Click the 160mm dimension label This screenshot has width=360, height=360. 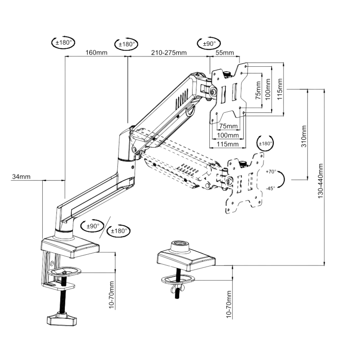pyautogui.click(x=97, y=52)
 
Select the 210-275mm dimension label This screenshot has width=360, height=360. pyautogui.click(x=169, y=52)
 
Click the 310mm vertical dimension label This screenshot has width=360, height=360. pyautogui.click(x=304, y=136)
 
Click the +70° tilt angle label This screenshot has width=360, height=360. pyautogui.click(x=270, y=171)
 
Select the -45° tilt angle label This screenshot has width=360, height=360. pyautogui.click(x=270, y=188)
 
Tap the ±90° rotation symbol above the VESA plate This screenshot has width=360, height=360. pyautogui.click(x=208, y=43)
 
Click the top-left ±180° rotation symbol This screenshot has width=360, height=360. pyautogui.click(x=63, y=42)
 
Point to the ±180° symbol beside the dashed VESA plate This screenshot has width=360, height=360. pyautogui.click(x=265, y=144)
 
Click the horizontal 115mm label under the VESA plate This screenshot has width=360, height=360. pyautogui.click(x=228, y=144)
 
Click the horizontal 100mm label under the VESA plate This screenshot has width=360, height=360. pyautogui.click(x=228, y=135)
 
